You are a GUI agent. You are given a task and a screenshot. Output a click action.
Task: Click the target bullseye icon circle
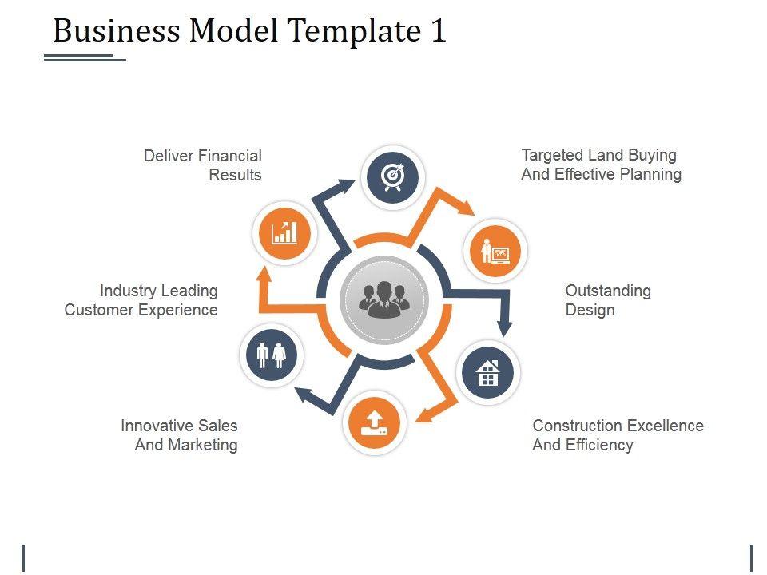(x=392, y=176)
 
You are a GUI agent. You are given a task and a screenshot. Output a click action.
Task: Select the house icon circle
(x=488, y=372)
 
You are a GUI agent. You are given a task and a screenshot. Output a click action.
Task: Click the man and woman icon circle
(x=272, y=355)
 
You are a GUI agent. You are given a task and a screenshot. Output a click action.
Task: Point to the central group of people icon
(x=384, y=300)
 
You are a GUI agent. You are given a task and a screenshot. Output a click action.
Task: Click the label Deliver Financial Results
(x=203, y=165)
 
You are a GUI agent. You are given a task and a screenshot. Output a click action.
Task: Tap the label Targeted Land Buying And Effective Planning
(x=601, y=165)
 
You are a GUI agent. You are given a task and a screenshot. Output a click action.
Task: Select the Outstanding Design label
(x=608, y=300)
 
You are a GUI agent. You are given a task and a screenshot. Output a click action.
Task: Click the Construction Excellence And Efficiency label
(x=618, y=435)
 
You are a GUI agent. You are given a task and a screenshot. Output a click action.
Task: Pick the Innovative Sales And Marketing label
(x=180, y=435)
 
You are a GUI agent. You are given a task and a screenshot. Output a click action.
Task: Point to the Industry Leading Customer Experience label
(x=141, y=300)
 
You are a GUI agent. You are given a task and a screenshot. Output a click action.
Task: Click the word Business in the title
(x=117, y=31)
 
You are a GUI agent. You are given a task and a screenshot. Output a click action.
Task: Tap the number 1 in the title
(x=438, y=31)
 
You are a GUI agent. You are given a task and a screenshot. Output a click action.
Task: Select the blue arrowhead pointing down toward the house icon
(x=504, y=327)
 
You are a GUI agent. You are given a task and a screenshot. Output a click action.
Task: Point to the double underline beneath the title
(x=85, y=57)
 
